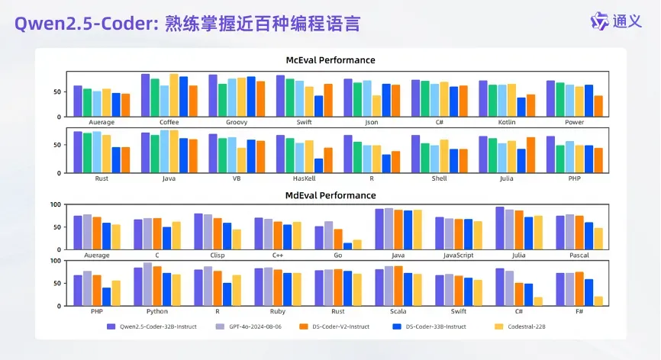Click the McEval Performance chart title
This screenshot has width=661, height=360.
330,60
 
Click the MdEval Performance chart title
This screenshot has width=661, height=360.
330,195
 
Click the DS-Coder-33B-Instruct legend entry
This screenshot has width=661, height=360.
436,326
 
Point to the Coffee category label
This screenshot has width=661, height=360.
169,122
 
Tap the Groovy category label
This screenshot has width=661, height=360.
237,122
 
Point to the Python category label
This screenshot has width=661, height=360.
157,311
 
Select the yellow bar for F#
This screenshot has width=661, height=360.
599,301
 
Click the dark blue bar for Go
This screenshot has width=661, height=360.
348,246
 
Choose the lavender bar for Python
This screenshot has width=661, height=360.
147,284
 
